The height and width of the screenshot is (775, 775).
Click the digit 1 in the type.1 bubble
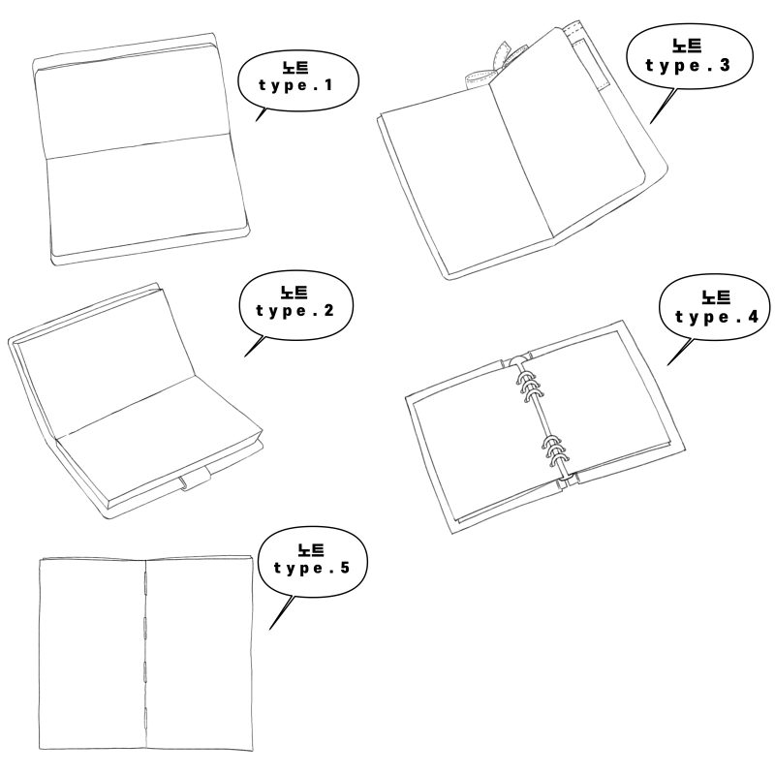point(328,84)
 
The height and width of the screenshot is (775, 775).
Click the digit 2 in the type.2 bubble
point(328,310)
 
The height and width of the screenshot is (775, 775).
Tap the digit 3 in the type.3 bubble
point(724,65)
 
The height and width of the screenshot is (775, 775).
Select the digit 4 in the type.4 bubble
point(753,317)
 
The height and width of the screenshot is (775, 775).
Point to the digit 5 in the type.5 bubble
point(345,567)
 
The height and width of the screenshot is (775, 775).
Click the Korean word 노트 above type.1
point(295,68)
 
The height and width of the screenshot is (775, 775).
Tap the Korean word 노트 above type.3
point(687,46)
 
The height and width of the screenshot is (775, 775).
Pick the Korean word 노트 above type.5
point(311,550)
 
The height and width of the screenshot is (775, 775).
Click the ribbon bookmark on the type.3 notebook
point(493,67)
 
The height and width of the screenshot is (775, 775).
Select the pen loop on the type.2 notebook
point(196,479)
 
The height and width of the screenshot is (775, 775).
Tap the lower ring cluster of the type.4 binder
point(554,452)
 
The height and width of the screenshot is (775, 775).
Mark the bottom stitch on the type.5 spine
point(145,718)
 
